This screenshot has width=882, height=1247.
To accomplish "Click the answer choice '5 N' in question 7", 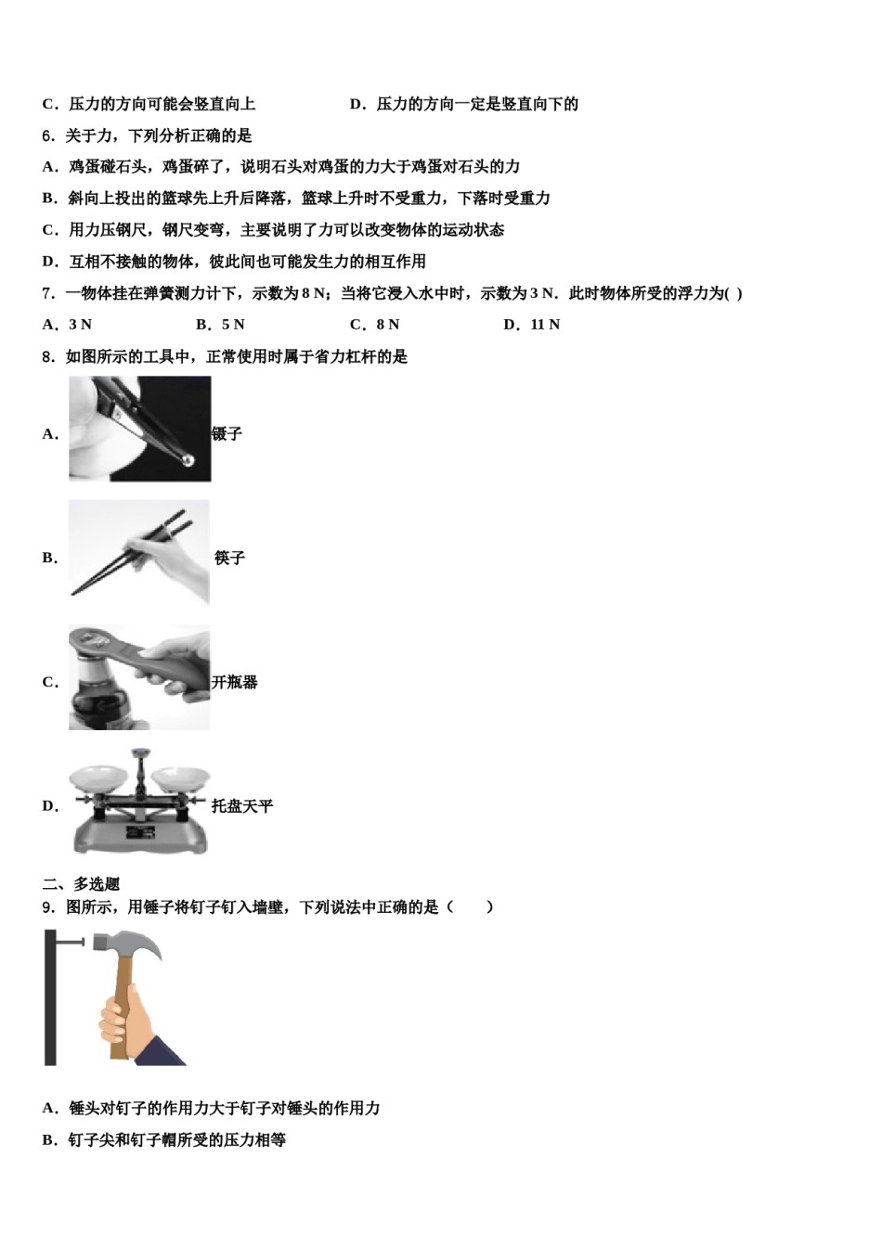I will pyautogui.click(x=232, y=325).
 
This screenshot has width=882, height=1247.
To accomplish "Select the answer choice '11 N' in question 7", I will pyautogui.click(x=545, y=325).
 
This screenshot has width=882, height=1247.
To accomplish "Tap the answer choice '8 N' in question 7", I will pyautogui.click(x=387, y=325).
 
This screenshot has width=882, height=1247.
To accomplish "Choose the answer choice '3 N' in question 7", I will pyautogui.click(x=80, y=325).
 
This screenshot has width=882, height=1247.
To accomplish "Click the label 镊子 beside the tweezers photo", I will pyautogui.click(x=227, y=434).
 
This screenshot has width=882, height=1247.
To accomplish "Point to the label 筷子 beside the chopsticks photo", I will pyautogui.click(x=229, y=559).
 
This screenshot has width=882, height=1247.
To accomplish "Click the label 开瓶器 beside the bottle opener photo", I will pyautogui.click(x=235, y=683).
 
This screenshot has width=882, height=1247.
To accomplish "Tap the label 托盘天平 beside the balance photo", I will pyautogui.click(x=242, y=807).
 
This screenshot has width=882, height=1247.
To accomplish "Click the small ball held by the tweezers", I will pyautogui.click(x=188, y=459).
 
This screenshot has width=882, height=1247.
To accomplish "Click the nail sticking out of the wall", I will pyautogui.click(x=71, y=943).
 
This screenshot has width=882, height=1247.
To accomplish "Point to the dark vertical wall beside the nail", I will pyautogui.click(x=50, y=998).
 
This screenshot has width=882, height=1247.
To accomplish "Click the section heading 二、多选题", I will pyautogui.click(x=81, y=884).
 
